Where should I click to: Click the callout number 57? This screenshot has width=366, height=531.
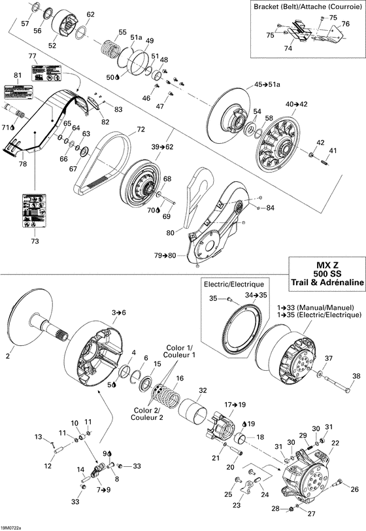tap(25, 24)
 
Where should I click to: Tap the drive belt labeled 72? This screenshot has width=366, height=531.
tap(105, 157)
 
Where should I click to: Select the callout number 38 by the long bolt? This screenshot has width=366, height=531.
tap(356, 375)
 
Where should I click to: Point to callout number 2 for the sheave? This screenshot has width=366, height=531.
tap(8, 356)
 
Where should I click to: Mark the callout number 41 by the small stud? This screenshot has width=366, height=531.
tap(333, 151)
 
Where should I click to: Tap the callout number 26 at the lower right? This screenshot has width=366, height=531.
tap(355, 489)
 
